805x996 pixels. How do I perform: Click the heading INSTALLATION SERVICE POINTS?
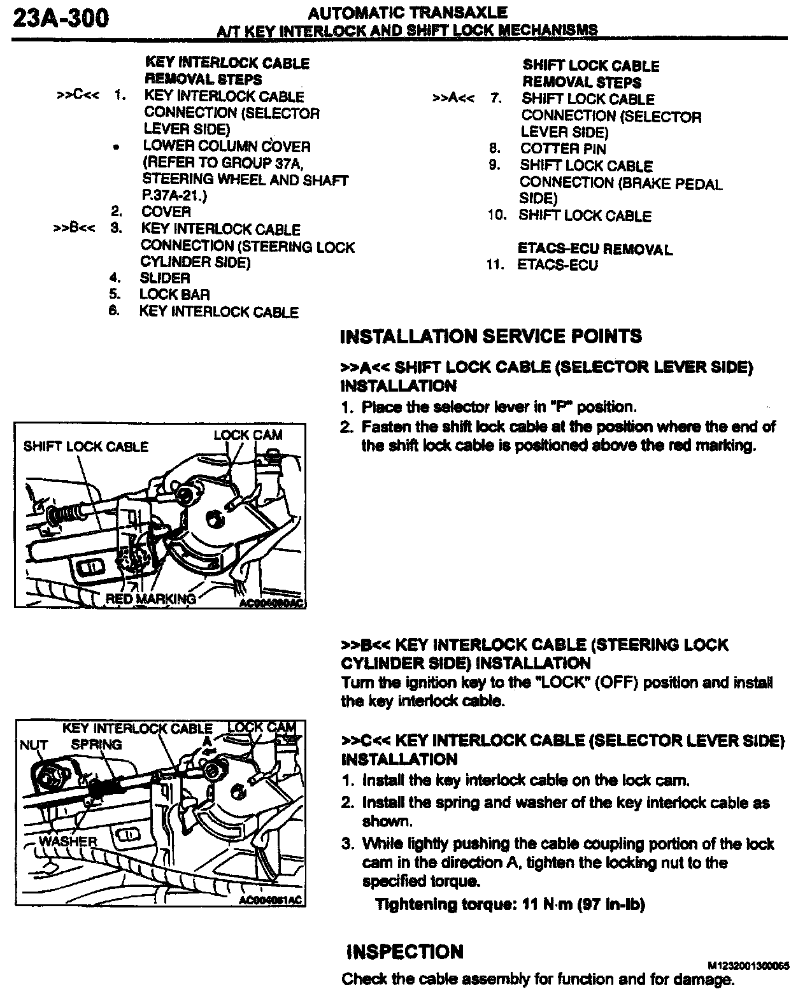click(x=491, y=336)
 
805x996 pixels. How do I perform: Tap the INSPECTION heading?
click(x=404, y=952)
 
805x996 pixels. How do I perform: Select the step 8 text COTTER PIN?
click(x=563, y=148)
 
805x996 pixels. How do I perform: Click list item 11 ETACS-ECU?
click(x=557, y=265)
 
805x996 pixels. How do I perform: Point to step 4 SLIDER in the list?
click(x=165, y=278)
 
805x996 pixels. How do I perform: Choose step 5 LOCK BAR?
click(x=175, y=294)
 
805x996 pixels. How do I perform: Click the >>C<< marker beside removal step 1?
click(x=77, y=96)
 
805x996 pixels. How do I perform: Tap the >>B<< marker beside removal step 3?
click(x=75, y=229)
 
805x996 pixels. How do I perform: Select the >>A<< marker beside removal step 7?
click(x=453, y=99)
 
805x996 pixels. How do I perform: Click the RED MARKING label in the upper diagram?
click(x=151, y=599)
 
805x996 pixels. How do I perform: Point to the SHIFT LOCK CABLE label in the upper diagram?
click(x=86, y=446)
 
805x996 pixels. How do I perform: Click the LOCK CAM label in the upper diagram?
click(x=248, y=435)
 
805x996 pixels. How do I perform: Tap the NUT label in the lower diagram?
click(x=34, y=744)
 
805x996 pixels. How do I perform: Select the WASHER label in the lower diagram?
click(x=68, y=841)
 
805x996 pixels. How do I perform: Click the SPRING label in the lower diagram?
click(x=96, y=744)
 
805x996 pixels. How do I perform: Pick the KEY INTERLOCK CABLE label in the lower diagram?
click(x=137, y=729)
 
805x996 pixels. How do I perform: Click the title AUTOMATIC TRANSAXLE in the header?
click(x=408, y=13)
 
